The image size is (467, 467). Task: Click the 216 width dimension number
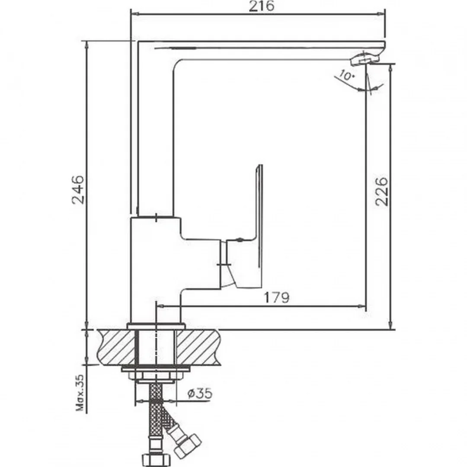point(261,6)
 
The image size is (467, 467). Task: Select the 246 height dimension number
point(78,190)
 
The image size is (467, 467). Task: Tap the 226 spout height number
point(382,192)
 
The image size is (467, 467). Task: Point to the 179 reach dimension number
point(276,297)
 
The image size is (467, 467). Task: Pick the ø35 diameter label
point(200,393)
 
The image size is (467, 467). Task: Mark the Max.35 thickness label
point(80,393)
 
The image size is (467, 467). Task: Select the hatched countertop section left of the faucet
point(116,347)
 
